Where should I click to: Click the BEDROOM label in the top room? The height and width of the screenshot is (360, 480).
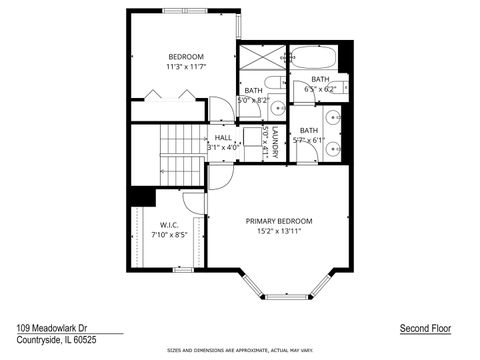click(x=185, y=56)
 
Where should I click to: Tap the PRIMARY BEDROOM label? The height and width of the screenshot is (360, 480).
click(x=280, y=221)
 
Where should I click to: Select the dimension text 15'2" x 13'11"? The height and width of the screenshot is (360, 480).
click(x=280, y=232)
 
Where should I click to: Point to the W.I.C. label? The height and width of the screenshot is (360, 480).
click(x=168, y=225)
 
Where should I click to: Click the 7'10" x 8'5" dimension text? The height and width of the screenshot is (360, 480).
click(x=169, y=235)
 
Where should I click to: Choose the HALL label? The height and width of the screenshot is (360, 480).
click(x=223, y=138)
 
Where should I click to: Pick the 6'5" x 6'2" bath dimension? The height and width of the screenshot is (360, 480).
click(x=320, y=89)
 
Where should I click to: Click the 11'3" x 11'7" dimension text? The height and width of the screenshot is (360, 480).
click(x=185, y=67)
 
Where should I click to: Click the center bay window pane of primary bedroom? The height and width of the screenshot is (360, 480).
click(x=286, y=296)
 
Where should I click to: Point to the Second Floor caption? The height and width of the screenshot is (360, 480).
click(x=427, y=328)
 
